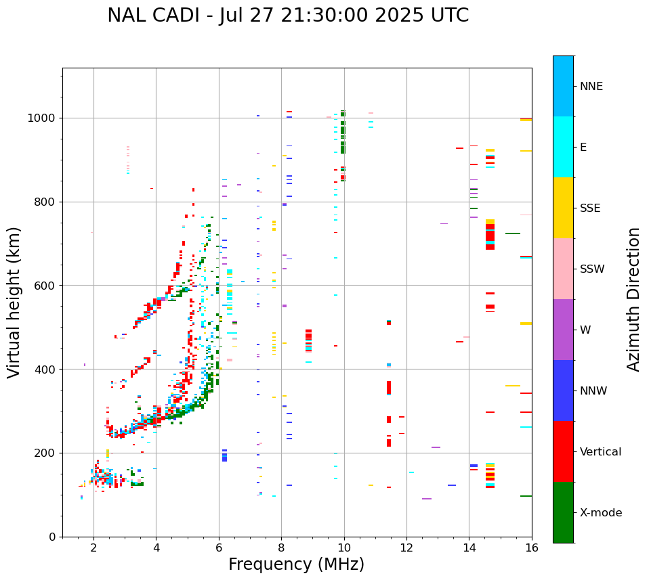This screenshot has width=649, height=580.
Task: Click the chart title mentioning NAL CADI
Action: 288,16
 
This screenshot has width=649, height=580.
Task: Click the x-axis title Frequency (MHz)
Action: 296,564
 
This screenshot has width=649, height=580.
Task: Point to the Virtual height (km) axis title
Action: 14,303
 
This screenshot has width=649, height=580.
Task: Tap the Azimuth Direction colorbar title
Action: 633,299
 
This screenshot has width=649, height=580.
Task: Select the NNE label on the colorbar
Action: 591,87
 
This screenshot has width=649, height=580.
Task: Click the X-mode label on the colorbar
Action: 601,513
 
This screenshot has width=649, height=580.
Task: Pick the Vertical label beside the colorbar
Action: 600,452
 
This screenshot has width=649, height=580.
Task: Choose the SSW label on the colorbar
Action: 592,269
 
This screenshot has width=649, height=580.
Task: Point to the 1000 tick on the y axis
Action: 43,118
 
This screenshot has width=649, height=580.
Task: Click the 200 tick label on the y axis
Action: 46,453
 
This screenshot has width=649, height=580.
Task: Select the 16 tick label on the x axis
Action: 532,548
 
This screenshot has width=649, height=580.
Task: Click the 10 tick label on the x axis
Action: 344,548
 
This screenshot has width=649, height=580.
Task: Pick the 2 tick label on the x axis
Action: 93,548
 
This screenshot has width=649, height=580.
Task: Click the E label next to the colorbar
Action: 583,148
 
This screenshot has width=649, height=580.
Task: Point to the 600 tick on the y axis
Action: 46,286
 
